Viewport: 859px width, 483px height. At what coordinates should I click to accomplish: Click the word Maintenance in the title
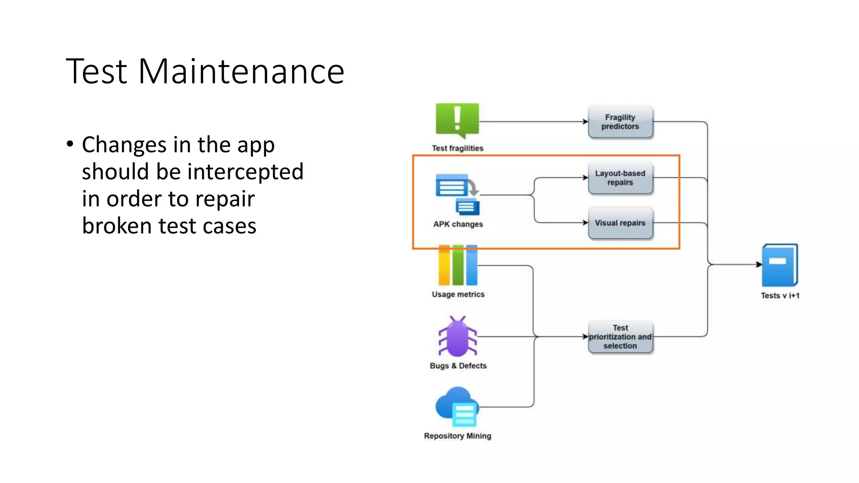coord(241,72)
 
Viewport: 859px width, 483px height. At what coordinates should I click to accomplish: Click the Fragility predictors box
coord(620,122)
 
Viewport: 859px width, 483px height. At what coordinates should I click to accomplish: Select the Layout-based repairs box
coord(620,178)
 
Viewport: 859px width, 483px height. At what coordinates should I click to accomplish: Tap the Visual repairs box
coord(620,223)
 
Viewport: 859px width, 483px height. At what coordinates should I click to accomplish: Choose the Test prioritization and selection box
coord(620,337)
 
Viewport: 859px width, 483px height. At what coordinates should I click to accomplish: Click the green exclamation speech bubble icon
coord(457,120)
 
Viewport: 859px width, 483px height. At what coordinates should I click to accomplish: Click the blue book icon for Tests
coord(779,265)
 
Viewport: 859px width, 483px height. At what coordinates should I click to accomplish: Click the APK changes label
coord(458,224)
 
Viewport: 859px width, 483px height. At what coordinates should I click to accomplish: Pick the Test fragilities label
coord(457,148)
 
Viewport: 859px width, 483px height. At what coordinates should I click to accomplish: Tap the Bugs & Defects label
coord(458,366)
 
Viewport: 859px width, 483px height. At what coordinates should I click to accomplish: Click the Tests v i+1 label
coord(780,296)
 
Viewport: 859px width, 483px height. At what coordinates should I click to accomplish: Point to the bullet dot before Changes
coord(70,144)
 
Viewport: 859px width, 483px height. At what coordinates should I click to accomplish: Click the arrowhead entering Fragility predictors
coord(585,122)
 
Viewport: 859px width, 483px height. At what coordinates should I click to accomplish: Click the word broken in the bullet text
coord(117,226)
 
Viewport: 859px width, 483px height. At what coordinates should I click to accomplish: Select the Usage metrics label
coord(458,294)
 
